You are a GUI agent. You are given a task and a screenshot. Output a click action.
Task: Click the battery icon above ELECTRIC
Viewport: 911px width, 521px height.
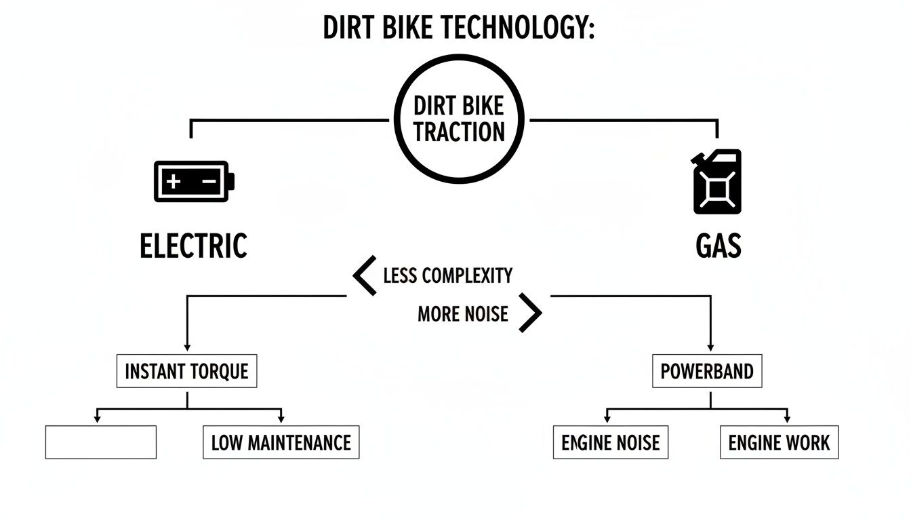tap(194, 181)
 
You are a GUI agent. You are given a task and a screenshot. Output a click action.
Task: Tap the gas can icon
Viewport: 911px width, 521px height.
tap(716, 182)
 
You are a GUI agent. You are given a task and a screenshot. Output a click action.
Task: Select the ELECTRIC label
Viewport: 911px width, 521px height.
tap(193, 246)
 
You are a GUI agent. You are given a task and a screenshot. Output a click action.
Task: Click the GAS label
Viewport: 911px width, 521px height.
tap(718, 246)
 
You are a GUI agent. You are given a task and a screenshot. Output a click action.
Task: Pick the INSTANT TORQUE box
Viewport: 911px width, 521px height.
tap(186, 371)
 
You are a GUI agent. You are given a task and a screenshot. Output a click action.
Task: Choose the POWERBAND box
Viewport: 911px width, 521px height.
tap(707, 371)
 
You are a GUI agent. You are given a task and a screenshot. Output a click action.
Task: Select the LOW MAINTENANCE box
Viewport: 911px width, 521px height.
tap(281, 443)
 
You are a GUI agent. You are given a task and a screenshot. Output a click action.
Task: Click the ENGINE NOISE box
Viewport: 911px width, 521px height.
tap(610, 443)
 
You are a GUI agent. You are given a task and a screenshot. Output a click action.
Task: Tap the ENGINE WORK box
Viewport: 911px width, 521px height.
tap(779, 443)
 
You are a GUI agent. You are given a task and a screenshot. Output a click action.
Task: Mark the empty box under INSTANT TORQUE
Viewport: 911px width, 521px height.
tap(101, 442)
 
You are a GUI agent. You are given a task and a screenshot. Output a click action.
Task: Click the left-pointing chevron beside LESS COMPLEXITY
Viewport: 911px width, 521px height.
tap(365, 275)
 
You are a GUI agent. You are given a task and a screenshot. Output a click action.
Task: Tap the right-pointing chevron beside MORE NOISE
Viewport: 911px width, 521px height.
tap(531, 313)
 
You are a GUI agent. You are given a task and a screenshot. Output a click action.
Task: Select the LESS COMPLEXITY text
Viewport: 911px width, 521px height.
tap(447, 275)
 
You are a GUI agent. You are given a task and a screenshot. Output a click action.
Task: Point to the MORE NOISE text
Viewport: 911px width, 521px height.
tap(462, 313)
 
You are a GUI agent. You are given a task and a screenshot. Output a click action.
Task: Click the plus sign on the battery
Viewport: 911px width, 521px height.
tap(174, 181)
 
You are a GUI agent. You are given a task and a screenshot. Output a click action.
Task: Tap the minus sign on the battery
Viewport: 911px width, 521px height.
tap(209, 181)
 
